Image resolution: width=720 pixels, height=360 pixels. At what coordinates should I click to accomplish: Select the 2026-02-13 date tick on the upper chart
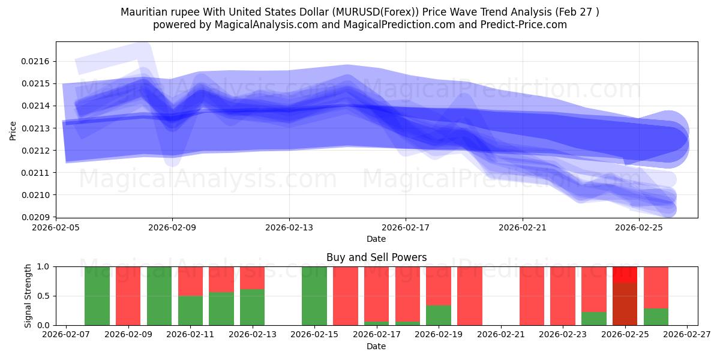coord(289,228)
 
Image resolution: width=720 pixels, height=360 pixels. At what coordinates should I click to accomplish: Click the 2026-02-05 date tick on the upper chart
coord(56,228)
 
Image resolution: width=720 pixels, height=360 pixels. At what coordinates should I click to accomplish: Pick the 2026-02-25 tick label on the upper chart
coord(639,228)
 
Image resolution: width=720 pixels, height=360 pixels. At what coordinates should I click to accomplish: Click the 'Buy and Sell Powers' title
coord(376,257)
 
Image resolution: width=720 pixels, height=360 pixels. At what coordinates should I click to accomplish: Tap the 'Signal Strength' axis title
coord(28,296)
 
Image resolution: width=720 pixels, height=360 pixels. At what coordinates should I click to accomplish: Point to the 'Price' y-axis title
coord(13,131)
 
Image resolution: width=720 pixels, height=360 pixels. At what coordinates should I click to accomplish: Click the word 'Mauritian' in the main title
coord(141,12)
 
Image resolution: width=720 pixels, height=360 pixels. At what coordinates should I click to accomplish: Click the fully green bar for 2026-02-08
coord(97,296)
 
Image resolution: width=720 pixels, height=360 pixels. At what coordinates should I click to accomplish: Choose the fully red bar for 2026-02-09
coord(128,296)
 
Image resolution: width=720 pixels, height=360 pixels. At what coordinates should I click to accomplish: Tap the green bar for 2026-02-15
coord(314,296)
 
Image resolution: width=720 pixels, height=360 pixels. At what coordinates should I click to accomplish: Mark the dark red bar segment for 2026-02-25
coord(625,304)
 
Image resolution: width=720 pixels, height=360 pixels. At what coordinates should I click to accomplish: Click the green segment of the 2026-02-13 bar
coord(253,307)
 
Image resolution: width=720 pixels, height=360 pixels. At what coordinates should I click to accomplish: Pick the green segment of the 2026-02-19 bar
coord(439,316)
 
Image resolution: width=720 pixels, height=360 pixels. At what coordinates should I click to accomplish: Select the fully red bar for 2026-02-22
coord(532,296)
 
